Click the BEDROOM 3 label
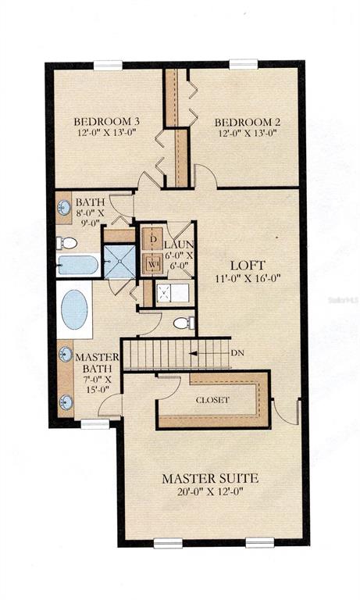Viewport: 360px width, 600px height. point(106,122)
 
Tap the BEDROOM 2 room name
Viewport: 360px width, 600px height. point(247,123)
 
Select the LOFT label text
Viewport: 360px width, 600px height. point(248,265)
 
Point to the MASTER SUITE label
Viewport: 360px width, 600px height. point(210,478)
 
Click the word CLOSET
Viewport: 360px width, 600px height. point(212,400)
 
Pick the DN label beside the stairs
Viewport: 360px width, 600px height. point(237,353)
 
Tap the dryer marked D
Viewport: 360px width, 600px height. point(152,240)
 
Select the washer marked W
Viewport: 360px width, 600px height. point(152,263)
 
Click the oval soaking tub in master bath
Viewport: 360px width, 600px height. point(74,309)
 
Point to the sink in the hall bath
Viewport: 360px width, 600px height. point(63,208)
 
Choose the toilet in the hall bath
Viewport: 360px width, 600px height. point(67,243)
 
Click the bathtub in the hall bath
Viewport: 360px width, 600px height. point(78,265)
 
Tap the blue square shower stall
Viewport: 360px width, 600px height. point(120,262)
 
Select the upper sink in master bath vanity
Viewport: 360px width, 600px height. point(66,355)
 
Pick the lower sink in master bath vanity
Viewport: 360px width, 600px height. point(66,402)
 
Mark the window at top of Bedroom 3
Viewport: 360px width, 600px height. point(108,65)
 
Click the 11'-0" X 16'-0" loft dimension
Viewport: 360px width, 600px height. point(248,278)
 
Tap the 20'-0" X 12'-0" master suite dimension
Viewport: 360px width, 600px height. point(210,491)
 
